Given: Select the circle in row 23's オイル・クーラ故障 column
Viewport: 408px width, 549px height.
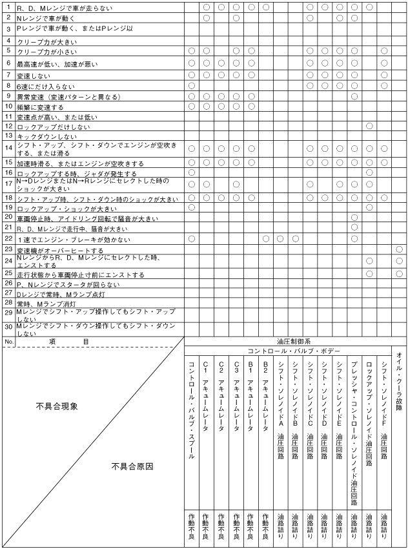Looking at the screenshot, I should click(400, 249).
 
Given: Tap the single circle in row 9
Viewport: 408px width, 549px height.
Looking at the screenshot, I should click(354, 96).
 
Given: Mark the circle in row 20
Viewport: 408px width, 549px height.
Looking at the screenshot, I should click(354, 218).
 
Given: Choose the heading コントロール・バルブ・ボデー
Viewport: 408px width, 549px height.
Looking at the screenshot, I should click(289, 351).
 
